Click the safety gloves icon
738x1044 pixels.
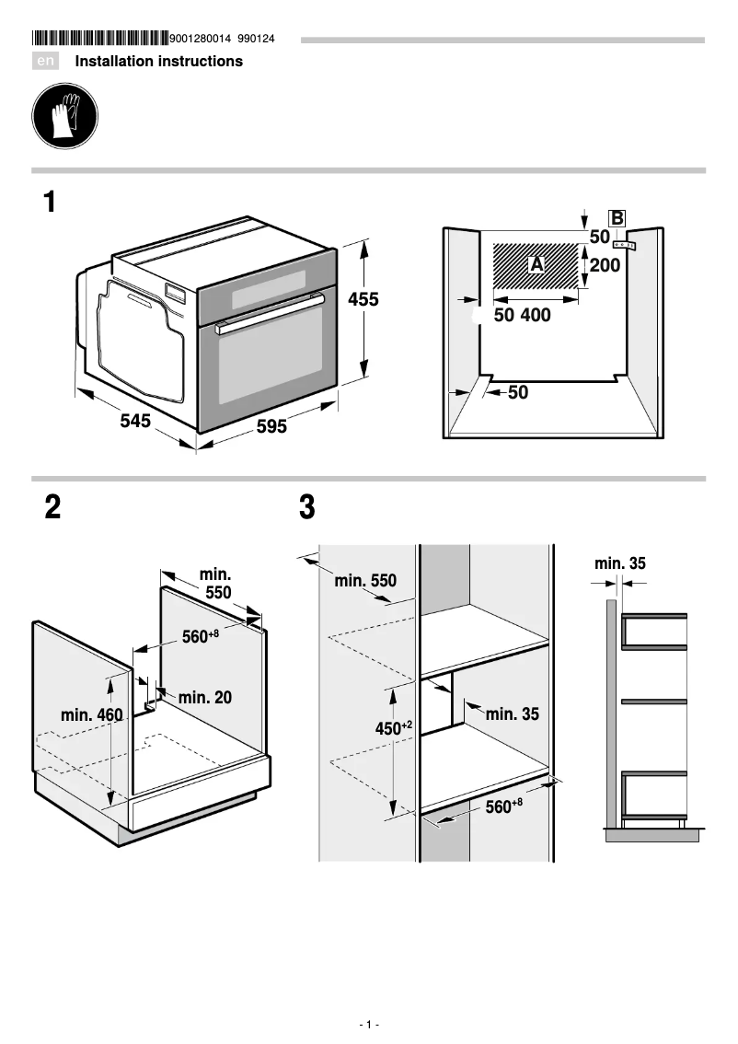[64, 116]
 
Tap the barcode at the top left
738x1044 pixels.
[99, 39]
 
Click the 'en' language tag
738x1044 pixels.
[45, 62]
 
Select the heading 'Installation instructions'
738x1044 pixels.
[158, 62]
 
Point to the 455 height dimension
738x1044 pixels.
[363, 299]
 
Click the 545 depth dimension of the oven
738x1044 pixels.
[135, 422]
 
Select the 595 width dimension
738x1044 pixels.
[271, 427]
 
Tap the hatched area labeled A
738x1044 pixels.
[537, 265]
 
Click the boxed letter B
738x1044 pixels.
[617, 218]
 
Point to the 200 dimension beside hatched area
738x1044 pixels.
[605, 266]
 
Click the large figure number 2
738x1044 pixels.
[53, 507]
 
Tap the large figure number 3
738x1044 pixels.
[307, 507]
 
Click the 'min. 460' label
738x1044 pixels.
[91, 715]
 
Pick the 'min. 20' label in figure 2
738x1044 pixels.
[204, 698]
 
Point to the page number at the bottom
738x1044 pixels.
[369, 1025]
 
